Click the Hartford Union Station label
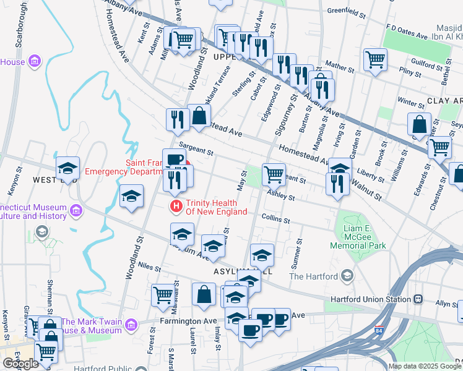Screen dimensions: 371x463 pos(368,299)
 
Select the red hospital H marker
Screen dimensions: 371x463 pos(176,205)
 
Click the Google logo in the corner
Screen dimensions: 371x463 pos(20,363)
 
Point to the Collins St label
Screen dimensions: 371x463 pos(275,220)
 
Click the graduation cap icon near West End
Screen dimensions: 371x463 pos(67,168)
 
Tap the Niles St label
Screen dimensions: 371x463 pos(149,268)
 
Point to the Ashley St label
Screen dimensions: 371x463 pos(279,195)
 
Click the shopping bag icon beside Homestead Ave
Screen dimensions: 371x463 pos(199,116)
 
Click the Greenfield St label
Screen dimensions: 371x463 pos(344,11)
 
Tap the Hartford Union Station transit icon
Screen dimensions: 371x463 pos(419,299)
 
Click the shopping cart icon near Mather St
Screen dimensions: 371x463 pos(374,59)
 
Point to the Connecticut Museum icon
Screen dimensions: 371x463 pos(76,210)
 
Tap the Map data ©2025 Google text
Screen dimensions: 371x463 pos(425,366)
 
